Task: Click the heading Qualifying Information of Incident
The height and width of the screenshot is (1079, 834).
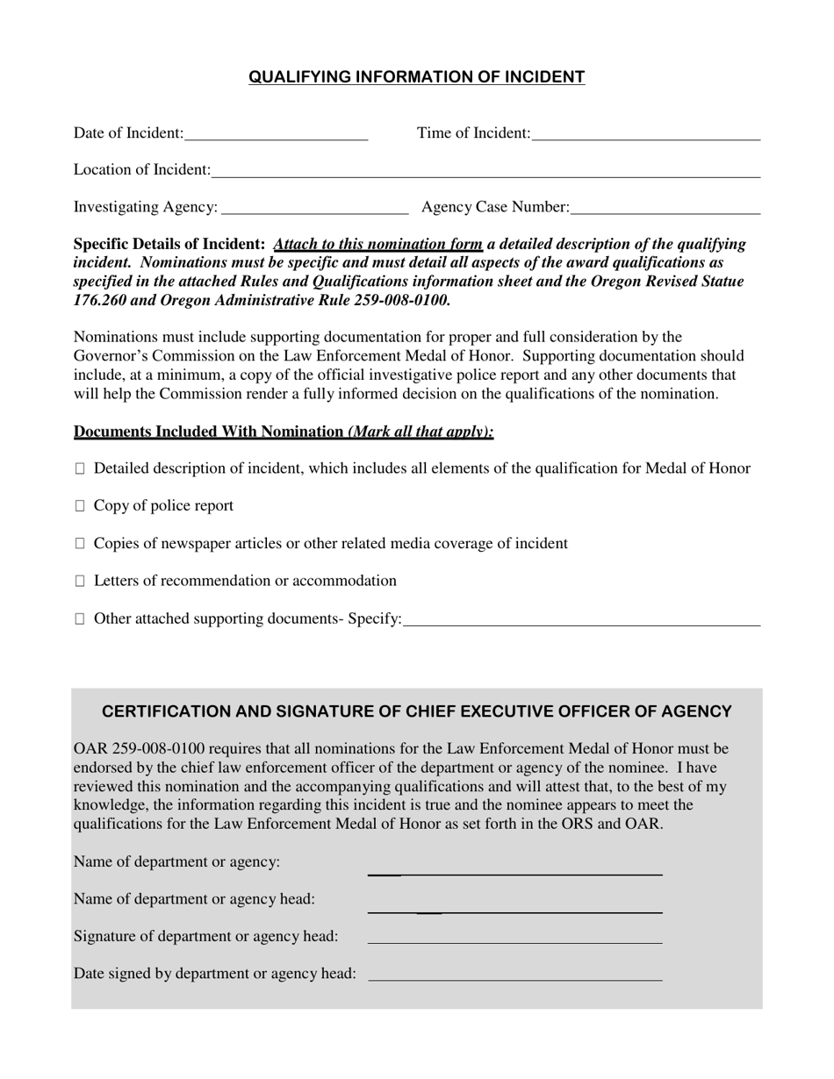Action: (x=416, y=77)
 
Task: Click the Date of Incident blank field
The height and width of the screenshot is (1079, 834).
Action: (x=276, y=133)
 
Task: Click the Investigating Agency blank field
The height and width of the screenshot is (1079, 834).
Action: (x=315, y=208)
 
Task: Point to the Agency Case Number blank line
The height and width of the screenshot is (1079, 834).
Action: (x=665, y=208)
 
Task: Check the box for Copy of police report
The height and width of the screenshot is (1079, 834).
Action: (x=80, y=506)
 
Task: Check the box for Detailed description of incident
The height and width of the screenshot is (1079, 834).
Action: (x=80, y=469)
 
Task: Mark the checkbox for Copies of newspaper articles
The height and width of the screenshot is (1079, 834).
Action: (x=80, y=544)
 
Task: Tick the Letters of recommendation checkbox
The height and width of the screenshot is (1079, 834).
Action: (x=80, y=582)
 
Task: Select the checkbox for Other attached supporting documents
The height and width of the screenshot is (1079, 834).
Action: (x=80, y=619)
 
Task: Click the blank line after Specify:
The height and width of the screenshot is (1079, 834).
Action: (x=581, y=619)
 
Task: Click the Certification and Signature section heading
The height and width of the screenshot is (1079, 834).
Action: (x=417, y=711)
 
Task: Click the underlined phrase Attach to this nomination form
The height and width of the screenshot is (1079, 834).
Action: (x=378, y=244)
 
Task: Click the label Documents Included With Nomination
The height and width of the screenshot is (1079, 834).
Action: (x=208, y=432)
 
